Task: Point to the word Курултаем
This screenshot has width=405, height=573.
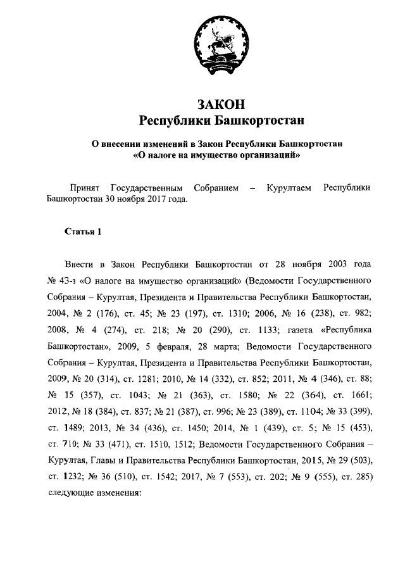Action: click(x=289, y=187)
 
